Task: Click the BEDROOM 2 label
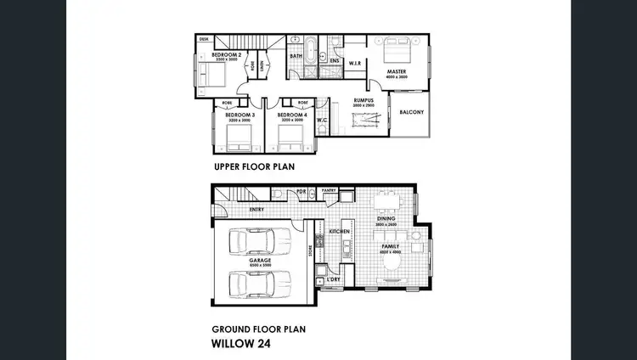(x=227, y=55)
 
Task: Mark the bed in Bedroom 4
(x=290, y=132)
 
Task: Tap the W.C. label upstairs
(x=323, y=120)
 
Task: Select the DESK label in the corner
(x=205, y=39)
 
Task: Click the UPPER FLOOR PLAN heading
(x=253, y=167)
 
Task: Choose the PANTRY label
(x=330, y=191)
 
